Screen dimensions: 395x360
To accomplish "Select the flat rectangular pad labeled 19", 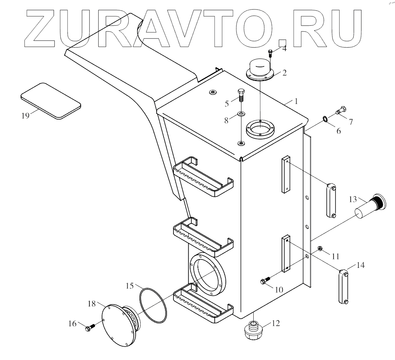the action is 51,101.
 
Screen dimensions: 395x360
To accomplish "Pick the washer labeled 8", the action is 241,114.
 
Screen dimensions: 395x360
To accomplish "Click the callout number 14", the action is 361,265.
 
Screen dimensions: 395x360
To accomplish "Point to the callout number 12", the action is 275,324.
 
